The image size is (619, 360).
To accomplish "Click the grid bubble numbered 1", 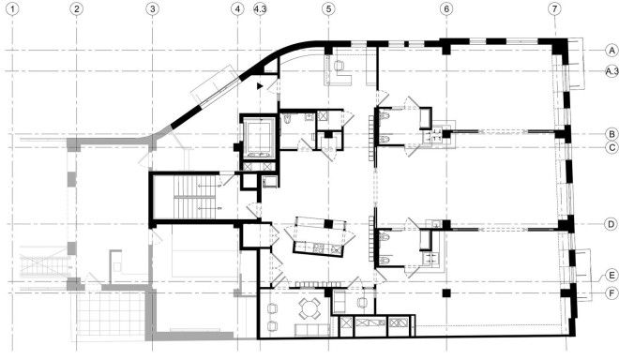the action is [x=13, y=9].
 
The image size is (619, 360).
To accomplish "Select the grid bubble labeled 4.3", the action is [x=260, y=9].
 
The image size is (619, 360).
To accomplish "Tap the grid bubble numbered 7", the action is [x=554, y=9].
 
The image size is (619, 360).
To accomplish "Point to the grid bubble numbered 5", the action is [x=328, y=9].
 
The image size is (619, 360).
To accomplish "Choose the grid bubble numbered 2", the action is [x=76, y=9].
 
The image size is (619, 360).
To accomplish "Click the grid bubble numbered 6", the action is [x=446, y=9].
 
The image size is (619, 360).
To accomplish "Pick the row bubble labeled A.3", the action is [x=611, y=71].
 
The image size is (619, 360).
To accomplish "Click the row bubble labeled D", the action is [x=611, y=224].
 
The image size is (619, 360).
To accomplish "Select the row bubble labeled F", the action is [x=611, y=293].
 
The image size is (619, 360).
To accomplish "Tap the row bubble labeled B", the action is [x=611, y=134].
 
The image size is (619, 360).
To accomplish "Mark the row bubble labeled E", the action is [x=611, y=275].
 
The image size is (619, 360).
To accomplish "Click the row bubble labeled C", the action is [x=612, y=147].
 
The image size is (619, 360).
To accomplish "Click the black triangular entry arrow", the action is [x=260, y=85].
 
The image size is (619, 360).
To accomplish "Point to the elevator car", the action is [x=259, y=136].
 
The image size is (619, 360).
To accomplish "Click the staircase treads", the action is [x=195, y=197].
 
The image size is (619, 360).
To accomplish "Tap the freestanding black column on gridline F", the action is [x=446, y=292].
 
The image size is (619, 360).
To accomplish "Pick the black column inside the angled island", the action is [x=328, y=224].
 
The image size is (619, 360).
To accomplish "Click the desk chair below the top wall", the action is [x=340, y=66].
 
